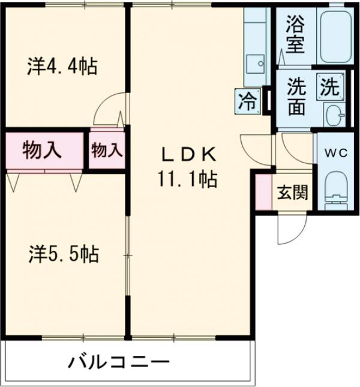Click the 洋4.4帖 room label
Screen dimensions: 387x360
point(62,66)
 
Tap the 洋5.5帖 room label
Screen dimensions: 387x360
point(62,254)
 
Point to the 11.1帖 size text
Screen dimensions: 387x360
point(187,178)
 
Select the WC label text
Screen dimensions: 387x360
point(336,153)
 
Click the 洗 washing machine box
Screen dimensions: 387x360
point(329,88)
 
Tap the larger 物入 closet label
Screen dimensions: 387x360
point(42,150)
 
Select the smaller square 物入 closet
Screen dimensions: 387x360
point(107,150)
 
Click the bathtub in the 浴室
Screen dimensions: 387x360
point(335,36)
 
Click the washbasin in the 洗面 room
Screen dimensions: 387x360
point(334,113)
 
